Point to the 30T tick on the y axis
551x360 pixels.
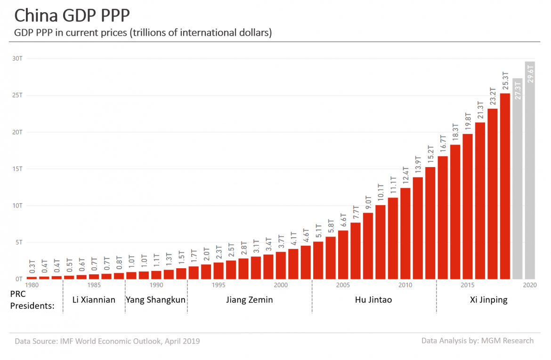(x=17, y=58)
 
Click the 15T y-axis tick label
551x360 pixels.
(x=17, y=169)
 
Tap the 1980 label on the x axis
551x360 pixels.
(x=32, y=285)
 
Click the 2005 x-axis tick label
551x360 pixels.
(x=342, y=285)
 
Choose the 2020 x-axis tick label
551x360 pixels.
(x=529, y=285)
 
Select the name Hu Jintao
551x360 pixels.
(x=373, y=300)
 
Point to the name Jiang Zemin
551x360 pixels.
(x=249, y=300)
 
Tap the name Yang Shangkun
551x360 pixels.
(x=155, y=300)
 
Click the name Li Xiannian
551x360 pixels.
(x=94, y=300)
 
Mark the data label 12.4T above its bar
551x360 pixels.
(x=405, y=176)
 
